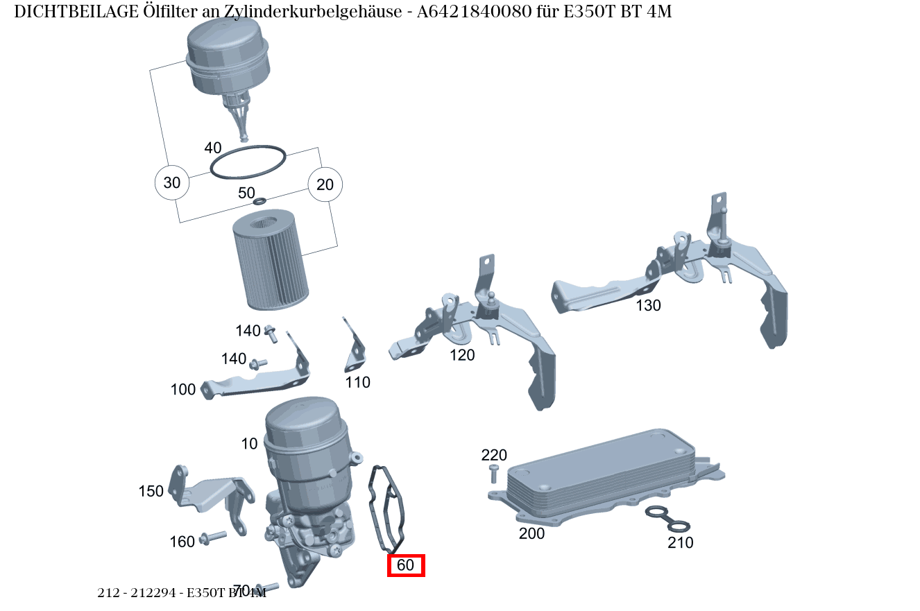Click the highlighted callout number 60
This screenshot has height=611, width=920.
(x=405, y=565)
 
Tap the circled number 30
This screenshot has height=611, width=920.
(x=171, y=183)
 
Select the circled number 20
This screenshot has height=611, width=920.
(x=325, y=184)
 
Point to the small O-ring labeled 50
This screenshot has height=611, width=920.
(x=260, y=201)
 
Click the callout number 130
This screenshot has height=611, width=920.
(x=648, y=305)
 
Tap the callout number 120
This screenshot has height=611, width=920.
(x=462, y=355)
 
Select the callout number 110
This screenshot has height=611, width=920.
(x=358, y=382)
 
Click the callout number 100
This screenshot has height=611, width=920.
(x=183, y=390)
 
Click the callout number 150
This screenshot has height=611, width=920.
(x=151, y=491)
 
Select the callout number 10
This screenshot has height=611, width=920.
(x=250, y=444)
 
